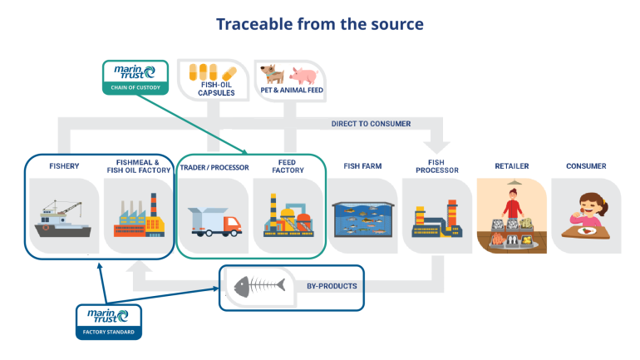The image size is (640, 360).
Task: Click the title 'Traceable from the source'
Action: (320, 23)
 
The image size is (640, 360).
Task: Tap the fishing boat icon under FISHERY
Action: (64, 220)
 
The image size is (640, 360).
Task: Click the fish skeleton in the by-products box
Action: (259, 287)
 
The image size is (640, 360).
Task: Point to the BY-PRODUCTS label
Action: (332, 286)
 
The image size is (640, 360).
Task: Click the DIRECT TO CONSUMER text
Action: (371, 124)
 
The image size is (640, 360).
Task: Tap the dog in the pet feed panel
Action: (272, 76)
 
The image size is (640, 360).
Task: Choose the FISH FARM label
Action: (362, 166)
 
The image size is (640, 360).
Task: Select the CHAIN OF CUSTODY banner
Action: (135, 87)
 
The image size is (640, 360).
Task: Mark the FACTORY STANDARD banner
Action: (108, 332)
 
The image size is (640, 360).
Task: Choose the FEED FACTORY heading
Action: (288, 166)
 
